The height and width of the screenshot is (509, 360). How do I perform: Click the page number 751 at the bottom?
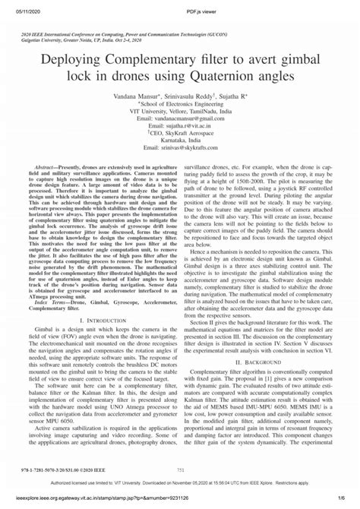click(180, 470)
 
